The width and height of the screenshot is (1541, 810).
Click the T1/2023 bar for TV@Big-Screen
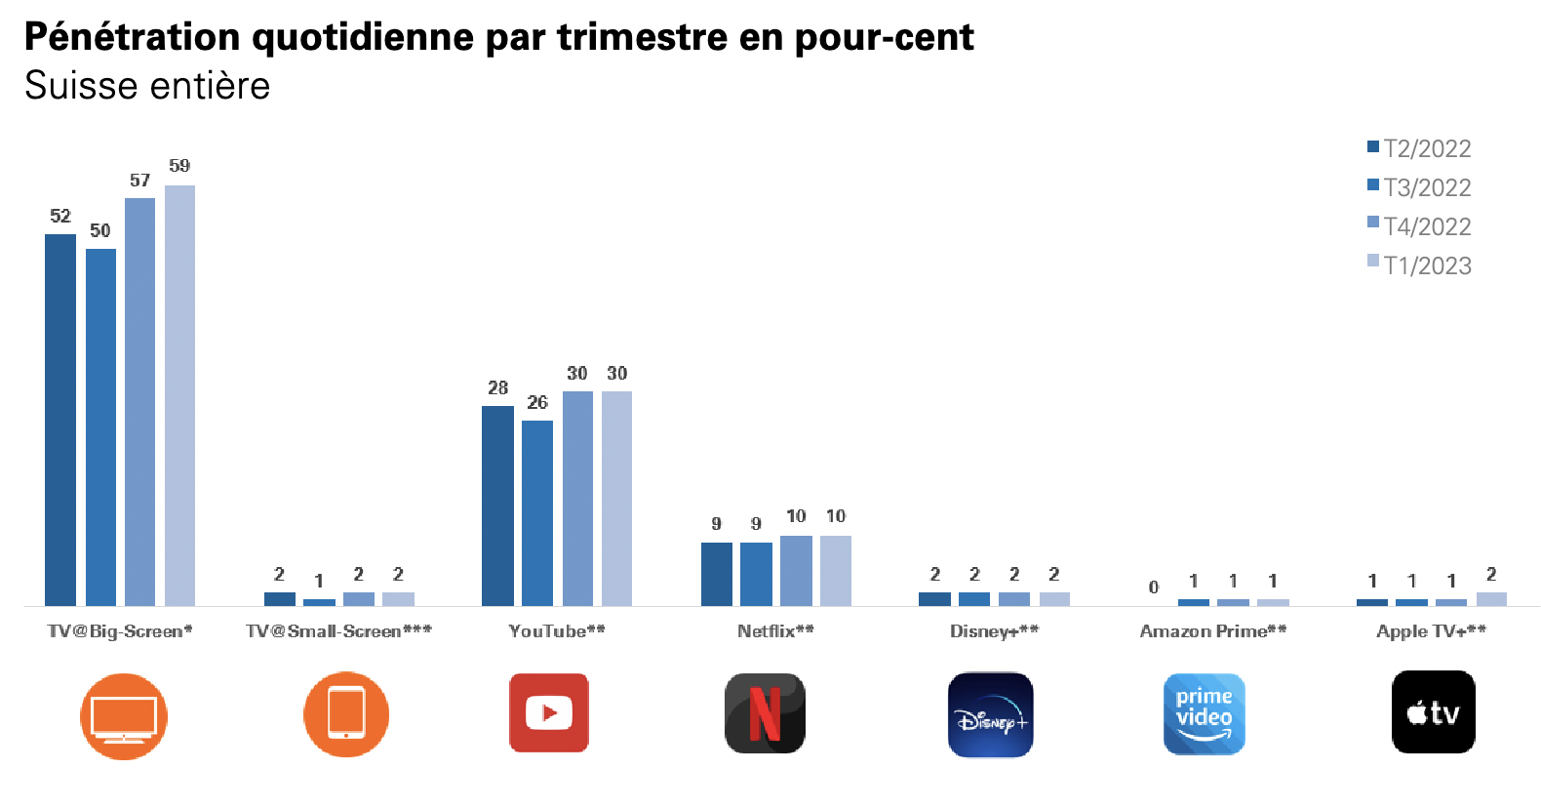point(179,395)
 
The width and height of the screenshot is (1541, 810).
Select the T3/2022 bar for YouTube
point(537,513)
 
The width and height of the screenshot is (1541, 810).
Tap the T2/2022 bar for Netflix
point(716,574)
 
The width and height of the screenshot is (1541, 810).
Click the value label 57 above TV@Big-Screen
point(139,181)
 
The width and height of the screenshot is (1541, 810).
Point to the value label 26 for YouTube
point(537,402)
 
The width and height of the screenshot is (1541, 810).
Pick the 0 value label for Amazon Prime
point(1154,587)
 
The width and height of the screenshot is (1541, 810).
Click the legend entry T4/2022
point(1419,226)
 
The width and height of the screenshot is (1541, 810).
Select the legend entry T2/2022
point(1419,148)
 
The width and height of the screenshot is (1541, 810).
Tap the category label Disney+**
point(994,631)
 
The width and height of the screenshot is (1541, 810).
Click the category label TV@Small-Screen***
point(338,631)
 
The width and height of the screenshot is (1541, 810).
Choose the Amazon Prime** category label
point(1213,631)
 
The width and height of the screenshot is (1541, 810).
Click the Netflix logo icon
point(765,713)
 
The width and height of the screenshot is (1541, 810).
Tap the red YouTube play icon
point(549,713)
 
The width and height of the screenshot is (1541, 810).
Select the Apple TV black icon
point(1433,712)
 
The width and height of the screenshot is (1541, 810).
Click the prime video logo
point(1204,713)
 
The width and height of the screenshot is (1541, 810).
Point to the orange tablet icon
point(346,713)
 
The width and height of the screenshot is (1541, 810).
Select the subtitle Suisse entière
point(147,86)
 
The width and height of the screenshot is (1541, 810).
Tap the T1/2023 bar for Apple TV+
point(1491,598)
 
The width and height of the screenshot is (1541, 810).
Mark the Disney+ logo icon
point(990,714)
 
